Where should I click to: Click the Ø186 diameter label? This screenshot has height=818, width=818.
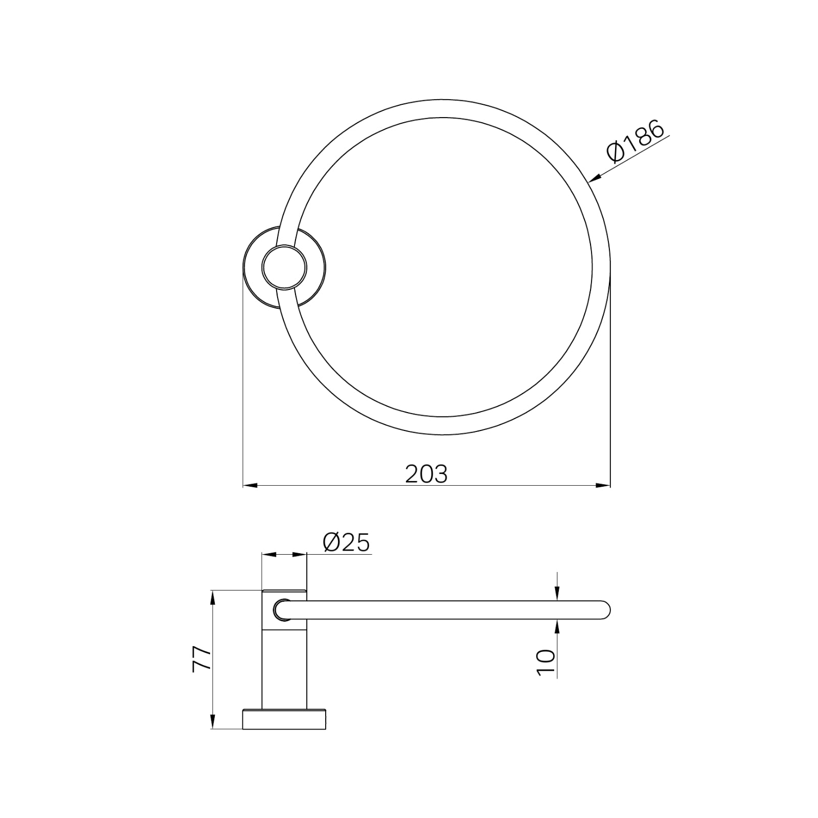635,141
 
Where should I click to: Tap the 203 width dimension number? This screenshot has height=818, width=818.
426,474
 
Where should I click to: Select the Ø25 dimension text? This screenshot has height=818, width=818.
346,542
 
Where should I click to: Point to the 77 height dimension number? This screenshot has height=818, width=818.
201,659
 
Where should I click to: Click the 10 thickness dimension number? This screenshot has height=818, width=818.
546,663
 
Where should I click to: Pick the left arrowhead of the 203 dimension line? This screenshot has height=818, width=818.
249,485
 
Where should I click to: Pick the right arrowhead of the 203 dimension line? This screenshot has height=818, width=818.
604,485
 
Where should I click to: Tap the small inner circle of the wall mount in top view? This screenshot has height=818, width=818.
284,267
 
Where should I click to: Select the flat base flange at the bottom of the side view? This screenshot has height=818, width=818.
284,719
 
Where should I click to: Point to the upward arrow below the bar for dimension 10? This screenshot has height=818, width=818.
557,627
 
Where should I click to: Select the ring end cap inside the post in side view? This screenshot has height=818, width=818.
283,610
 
